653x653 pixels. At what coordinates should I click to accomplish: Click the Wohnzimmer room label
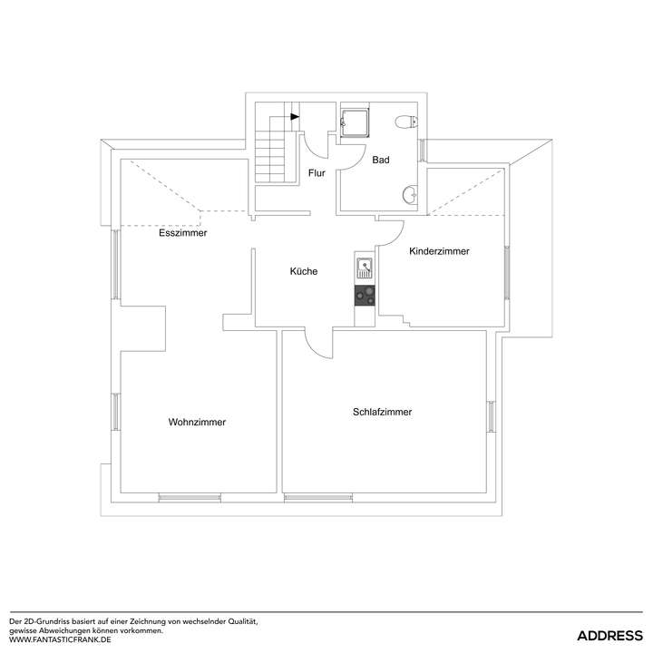click(197, 422)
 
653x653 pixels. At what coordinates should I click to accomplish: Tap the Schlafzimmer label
click(382, 412)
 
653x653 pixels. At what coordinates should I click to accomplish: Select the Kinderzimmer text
click(439, 251)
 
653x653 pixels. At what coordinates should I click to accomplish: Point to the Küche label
click(304, 271)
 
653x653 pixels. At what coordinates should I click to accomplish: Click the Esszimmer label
click(182, 233)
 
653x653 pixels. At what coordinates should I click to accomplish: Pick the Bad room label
click(381, 161)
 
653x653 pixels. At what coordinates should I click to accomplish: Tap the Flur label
click(317, 172)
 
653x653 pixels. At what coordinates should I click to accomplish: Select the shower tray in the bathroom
click(354, 121)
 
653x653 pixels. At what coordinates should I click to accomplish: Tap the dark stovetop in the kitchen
click(365, 295)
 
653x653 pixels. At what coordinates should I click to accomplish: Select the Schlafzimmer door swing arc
click(318, 346)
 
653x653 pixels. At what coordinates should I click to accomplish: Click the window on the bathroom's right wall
click(422, 149)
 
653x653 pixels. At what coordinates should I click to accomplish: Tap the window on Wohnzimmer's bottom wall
click(190, 497)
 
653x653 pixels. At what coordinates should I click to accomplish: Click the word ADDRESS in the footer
click(610, 634)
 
